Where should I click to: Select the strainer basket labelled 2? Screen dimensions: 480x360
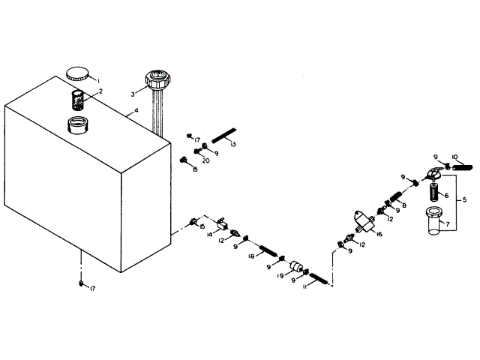[x=78, y=100]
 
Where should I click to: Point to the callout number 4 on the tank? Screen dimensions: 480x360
[x=136, y=112]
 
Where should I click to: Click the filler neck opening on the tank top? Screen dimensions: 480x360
[x=79, y=124]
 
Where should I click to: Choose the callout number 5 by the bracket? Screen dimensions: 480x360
[x=464, y=201]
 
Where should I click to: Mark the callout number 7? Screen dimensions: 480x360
[x=448, y=223]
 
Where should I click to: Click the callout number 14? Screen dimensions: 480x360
[x=211, y=235]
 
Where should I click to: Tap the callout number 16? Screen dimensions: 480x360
[x=379, y=235]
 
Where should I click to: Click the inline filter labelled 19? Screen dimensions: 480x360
[x=298, y=268]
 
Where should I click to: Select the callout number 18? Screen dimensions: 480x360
[x=253, y=256]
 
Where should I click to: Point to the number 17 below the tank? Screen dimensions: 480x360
[x=91, y=289]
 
